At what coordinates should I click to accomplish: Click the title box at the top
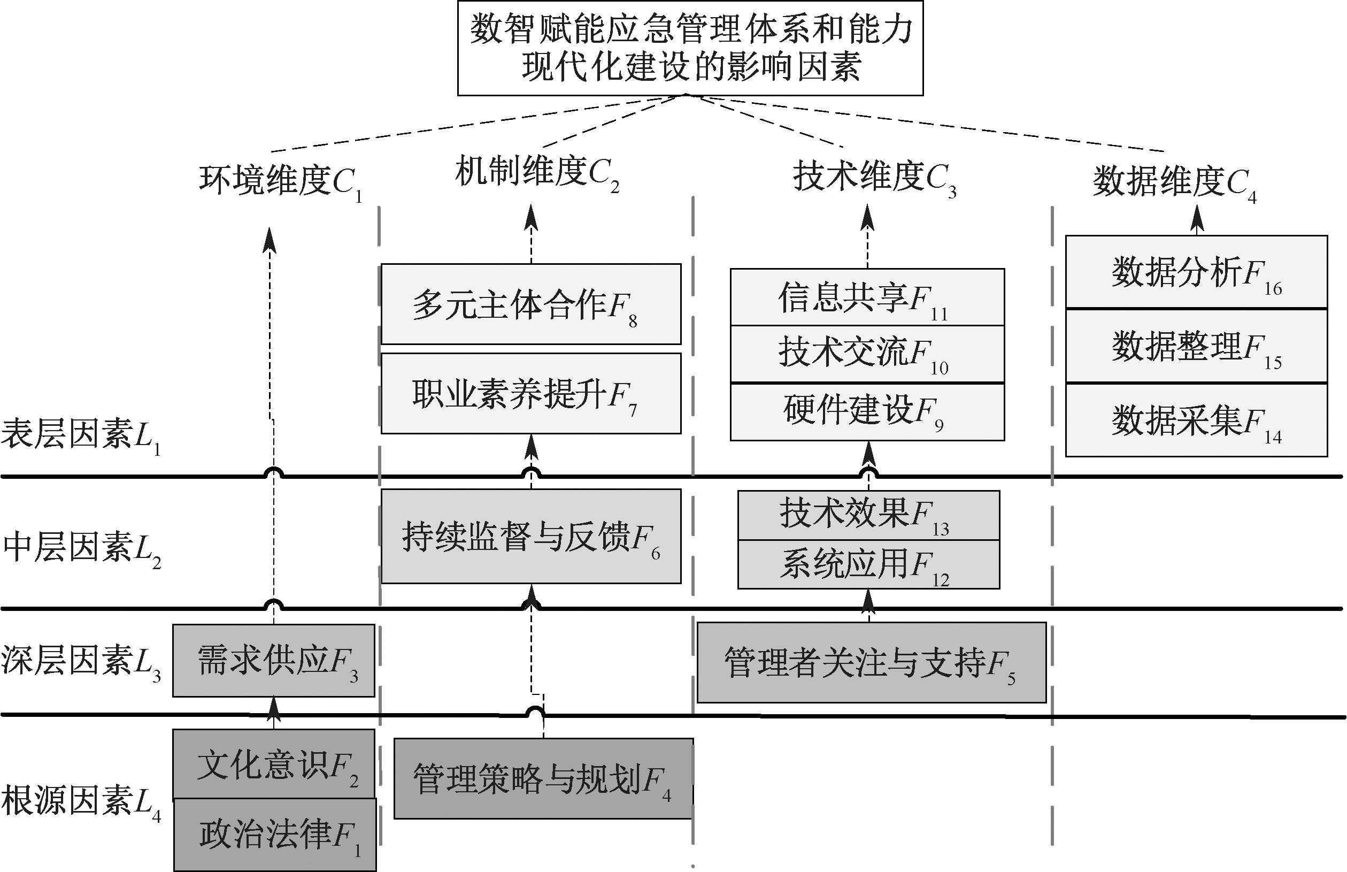coord(690,48)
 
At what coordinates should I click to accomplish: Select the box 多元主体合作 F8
coord(531,304)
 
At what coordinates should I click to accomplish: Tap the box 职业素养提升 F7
coord(531,394)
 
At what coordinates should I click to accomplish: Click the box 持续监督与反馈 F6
coord(531,536)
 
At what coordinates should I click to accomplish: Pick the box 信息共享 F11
coord(867,297)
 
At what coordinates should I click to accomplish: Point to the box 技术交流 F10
coord(867,354)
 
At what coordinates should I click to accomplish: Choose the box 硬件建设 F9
coord(867,411)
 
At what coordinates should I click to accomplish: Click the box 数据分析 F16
coord(1196,272)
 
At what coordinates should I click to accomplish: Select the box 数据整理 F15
coord(1196,346)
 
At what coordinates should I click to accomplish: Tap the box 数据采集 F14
coord(1196,420)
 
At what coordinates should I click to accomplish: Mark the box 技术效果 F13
coord(868,515)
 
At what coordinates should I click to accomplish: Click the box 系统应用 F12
coord(868,564)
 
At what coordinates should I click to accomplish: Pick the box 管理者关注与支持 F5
coord(871,662)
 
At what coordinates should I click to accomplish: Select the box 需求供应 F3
coord(273,660)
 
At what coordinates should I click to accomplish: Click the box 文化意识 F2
coord(273,764)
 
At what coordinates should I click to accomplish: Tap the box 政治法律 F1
coord(274,834)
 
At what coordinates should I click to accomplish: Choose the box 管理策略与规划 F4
coord(543,778)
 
